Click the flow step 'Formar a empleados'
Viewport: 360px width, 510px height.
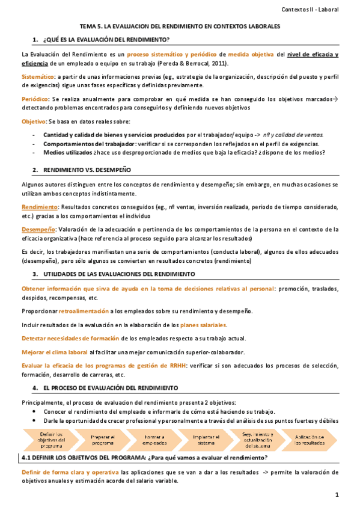point(154,423)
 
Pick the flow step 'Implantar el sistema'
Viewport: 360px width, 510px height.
point(206,423)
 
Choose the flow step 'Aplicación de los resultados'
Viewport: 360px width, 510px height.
point(310,423)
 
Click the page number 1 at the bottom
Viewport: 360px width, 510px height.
point(338,494)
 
